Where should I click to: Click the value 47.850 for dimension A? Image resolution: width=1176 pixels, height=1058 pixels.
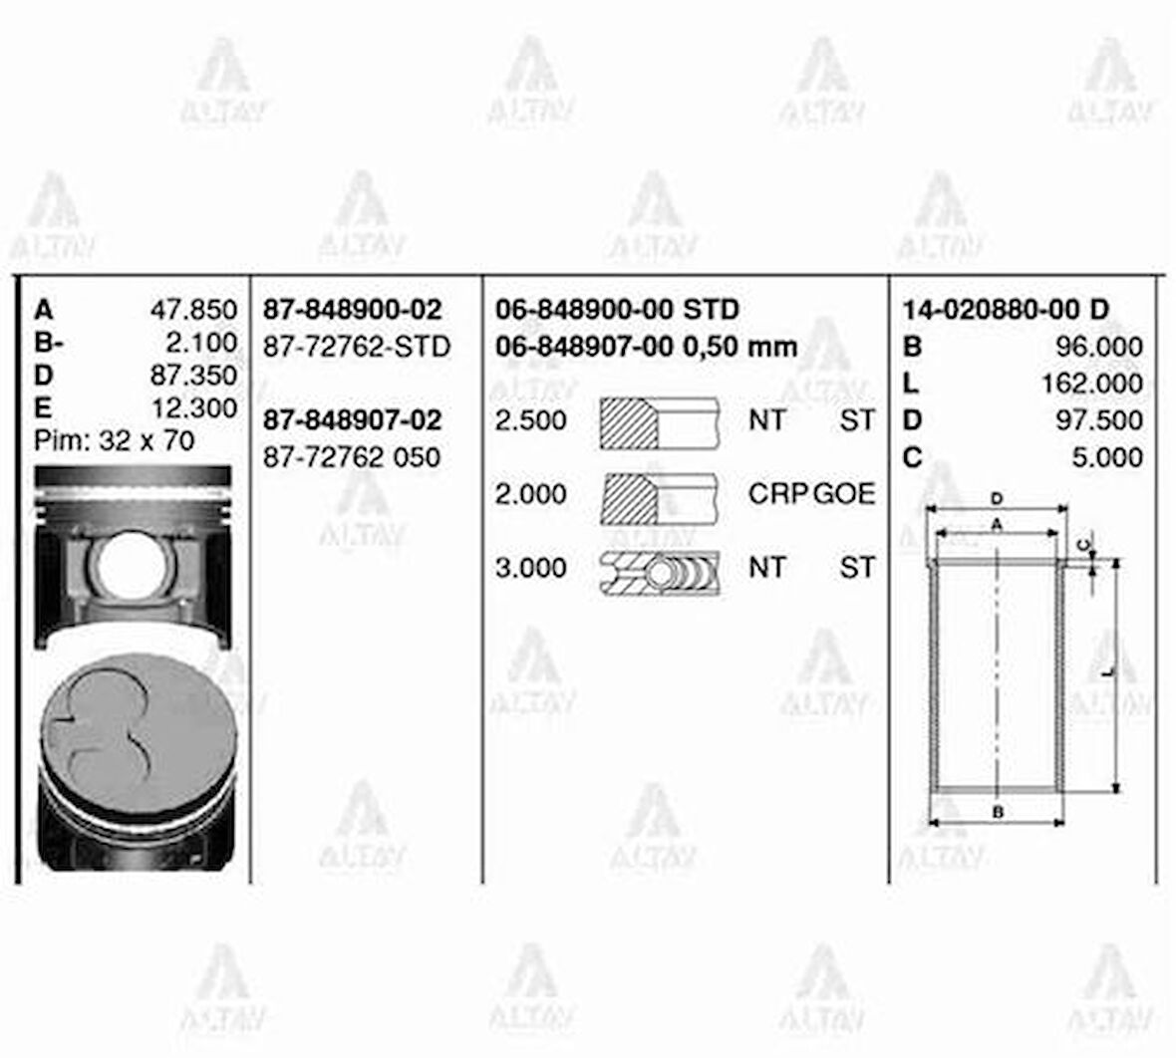click(x=193, y=310)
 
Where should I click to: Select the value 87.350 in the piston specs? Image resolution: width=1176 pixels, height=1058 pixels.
click(x=193, y=376)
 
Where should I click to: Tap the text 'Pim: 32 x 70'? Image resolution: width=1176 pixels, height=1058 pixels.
click(x=115, y=440)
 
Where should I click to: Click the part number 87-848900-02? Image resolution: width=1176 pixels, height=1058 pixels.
click(x=352, y=310)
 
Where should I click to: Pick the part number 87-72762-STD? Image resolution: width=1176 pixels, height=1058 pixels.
click(x=356, y=347)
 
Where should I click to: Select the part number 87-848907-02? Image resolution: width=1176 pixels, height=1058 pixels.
click(x=352, y=420)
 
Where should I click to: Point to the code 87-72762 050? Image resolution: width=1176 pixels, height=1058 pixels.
click(x=351, y=457)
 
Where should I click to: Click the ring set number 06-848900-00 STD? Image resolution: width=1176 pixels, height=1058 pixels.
click(x=617, y=310)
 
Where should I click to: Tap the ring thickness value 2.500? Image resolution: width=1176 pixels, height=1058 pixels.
click(x=530, y=420)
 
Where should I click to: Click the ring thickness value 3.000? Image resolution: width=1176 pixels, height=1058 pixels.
click(x=530, y=568)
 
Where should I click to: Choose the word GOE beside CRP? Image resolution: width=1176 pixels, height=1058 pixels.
click(x=845, y=494)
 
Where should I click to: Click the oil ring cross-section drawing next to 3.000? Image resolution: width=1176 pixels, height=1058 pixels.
click(x=659, y=572)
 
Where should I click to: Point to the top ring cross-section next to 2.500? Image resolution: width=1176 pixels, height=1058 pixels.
click(x=659, y=422)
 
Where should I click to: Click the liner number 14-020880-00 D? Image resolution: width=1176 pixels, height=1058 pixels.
click(x=1005, y=310)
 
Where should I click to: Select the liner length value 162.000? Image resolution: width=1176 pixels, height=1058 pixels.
click(x=1091, y=384)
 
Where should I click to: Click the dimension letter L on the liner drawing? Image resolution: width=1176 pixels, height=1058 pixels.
click(x=1107, y=673)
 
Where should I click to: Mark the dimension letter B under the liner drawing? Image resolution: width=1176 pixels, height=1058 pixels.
click(x=998, y=812)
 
